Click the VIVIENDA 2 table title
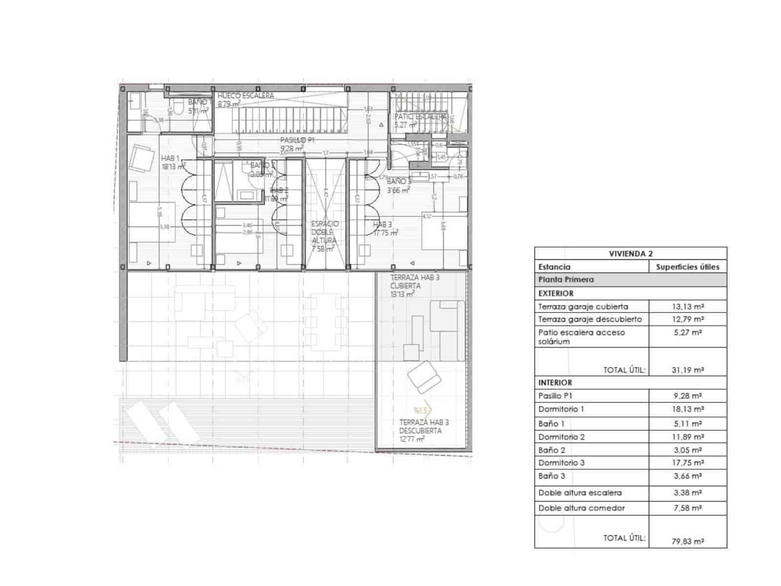(631, 253)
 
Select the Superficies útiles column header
(687, 267)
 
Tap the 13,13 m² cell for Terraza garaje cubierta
(688, 307)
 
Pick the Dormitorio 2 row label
(561, 437)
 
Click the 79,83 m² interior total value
(688, 541)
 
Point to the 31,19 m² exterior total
(688, 370)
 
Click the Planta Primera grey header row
(631, 280)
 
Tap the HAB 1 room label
(171, 158)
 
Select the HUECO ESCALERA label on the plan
(246, 96)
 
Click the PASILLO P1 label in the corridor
(296, 140)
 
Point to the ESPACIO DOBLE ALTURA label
(325, 232)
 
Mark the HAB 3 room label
(382, 225)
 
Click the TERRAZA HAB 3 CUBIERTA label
(414, 282)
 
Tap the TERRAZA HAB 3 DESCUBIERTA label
(424, 426)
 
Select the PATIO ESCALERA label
(420, 117)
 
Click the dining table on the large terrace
(329, 321)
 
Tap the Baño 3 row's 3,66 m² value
(688, 476)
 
